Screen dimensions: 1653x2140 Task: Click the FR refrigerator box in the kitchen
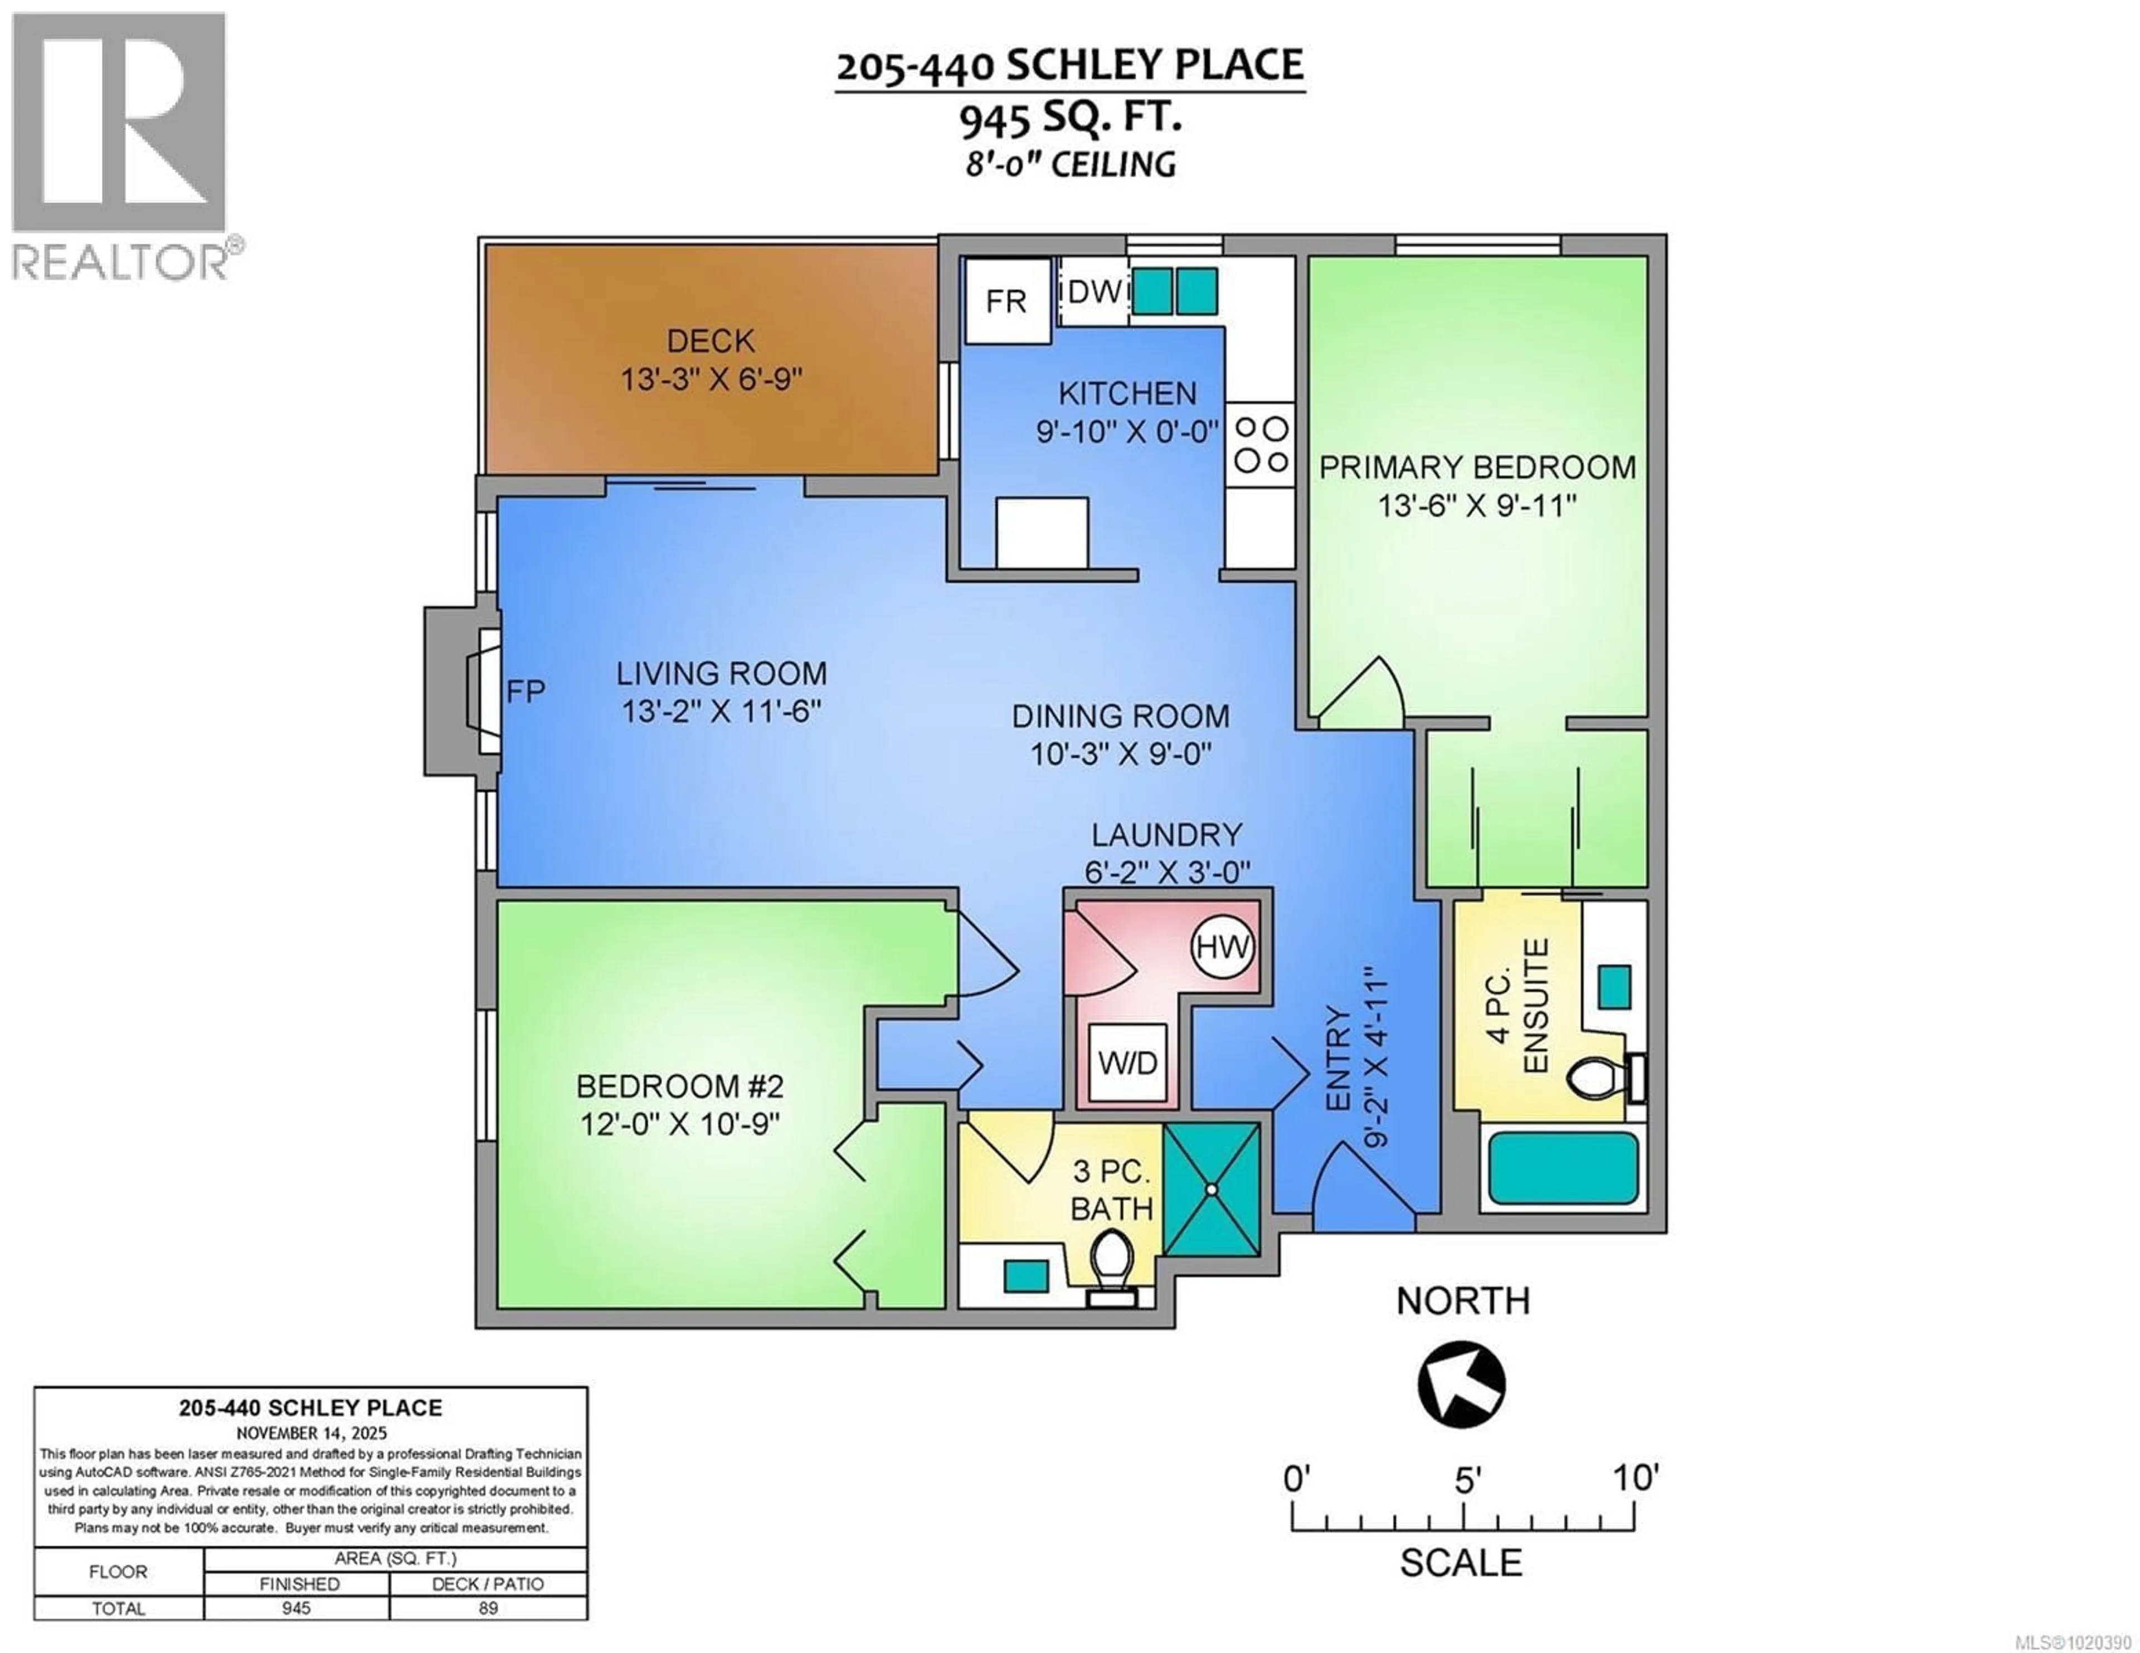click(1007, 301)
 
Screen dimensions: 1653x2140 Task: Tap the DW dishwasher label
click(1093, 291)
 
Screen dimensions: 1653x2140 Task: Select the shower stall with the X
click(1212, 1188)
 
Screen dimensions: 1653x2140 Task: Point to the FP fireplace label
click(525, 692)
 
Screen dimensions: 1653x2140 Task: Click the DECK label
click(711, 341)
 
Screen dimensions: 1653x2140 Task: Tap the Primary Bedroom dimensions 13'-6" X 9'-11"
click(1477, 506)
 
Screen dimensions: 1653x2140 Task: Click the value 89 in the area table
click(488, 1608)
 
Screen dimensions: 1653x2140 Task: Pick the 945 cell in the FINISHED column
click(296, 1608)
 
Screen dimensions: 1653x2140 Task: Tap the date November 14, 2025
click(310, 1432)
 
